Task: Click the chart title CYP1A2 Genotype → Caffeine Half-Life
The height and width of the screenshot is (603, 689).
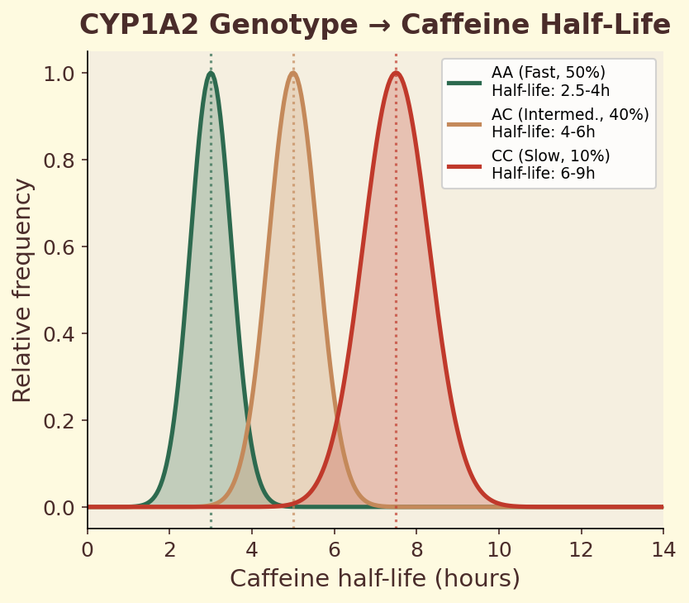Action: point(374,26)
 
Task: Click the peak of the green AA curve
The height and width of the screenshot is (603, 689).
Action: point(211,73)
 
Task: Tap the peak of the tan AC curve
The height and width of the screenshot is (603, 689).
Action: point(293,73)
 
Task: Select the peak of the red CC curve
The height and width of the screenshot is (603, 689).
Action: point(396,73)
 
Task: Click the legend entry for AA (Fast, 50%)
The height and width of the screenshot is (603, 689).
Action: point(549,82)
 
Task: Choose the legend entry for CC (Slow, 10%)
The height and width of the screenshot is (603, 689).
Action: point(550,164)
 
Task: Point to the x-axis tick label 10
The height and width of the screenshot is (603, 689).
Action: point(498,549)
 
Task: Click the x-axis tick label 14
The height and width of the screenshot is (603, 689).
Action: point(663,549)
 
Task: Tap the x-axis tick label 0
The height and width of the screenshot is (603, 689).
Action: point(88,549)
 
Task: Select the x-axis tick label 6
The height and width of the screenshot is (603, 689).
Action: point(334,549)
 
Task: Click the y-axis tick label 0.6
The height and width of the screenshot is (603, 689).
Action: point(60,247)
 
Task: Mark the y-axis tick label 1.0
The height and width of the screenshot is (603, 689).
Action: point(60,74)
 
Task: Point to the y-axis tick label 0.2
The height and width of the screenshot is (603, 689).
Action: point(60,420)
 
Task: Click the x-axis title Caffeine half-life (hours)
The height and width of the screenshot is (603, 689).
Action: point(374,578)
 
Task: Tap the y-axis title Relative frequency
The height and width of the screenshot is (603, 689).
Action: point(23,290)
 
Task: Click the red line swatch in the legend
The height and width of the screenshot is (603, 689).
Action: point(464,165)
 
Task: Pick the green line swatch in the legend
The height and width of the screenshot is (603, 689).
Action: point(464,83)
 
